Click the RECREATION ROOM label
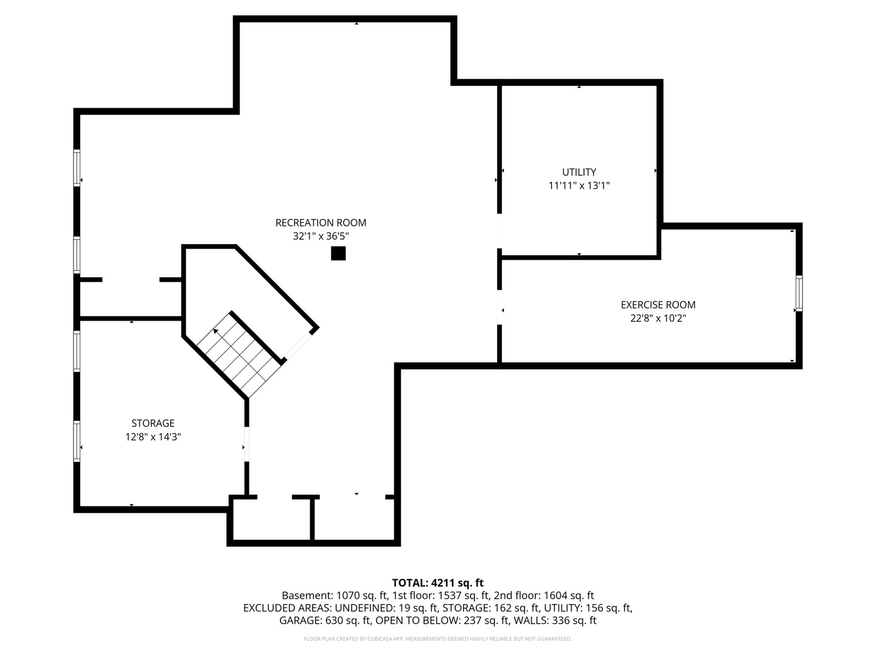[321, 223]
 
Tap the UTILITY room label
[579, 172]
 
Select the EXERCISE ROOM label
[658, 305]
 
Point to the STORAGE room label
[153, 423]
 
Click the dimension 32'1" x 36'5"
[321, 236]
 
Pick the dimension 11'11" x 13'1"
[579, 186]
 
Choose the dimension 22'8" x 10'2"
[658, 318]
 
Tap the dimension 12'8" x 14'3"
[153, 437]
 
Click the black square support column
[338, 253]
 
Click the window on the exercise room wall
[799, 293]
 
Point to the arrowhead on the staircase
[216, 331]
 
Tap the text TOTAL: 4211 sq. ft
[438, 583]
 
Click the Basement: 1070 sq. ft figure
[335, 596]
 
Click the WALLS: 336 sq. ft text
[555, 620]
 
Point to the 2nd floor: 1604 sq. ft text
[544, 596]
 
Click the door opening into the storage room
[246, 444]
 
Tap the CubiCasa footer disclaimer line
[438, 639]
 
